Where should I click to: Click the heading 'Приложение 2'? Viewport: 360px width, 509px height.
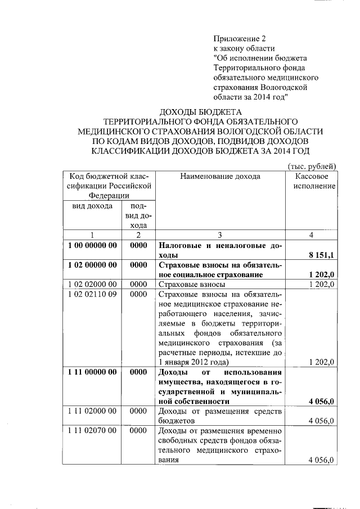pyautogui.click(x=238, y=39)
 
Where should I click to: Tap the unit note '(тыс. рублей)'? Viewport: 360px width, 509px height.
pyautogui.click(x=312, y=166)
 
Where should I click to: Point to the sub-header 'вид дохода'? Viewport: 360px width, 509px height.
pyautogui.click(x=91, y=206)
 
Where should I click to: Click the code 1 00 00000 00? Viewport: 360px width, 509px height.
pyautogui.click(x=92, y=245)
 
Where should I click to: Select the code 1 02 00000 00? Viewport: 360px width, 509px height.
pyautogui.click(x=92, y=265)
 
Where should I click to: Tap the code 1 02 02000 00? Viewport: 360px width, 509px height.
pyautogui.click(x=92, y=285)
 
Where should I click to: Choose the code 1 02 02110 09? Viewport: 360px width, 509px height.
pyautogui.click(x=92, y=294)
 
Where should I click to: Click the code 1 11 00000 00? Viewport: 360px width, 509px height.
pyautogui.click(x=92, y=372)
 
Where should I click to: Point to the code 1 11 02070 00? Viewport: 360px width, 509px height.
pyautogui.click(x=92, y=431)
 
